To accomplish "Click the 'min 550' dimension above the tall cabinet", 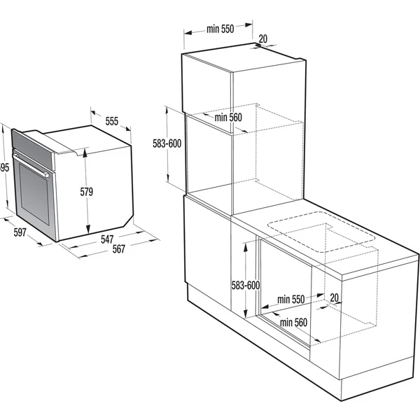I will tap(219, 29).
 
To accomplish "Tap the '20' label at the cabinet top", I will tap(262, 38).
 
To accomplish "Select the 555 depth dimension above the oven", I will tap(111, 120).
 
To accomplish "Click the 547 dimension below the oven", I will tap(106, 239).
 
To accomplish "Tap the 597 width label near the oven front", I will tap(20, 234).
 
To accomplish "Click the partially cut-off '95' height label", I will tap(4, 167).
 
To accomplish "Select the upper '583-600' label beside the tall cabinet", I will tap(167, 143).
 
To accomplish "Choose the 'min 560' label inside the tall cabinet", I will tap(227, 118).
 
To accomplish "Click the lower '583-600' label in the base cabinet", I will tap(245, 285).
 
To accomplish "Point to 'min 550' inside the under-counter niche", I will tap(290, 299).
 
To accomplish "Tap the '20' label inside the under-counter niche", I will tap(334, 297).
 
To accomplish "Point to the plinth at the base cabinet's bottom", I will tap(266, 364).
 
